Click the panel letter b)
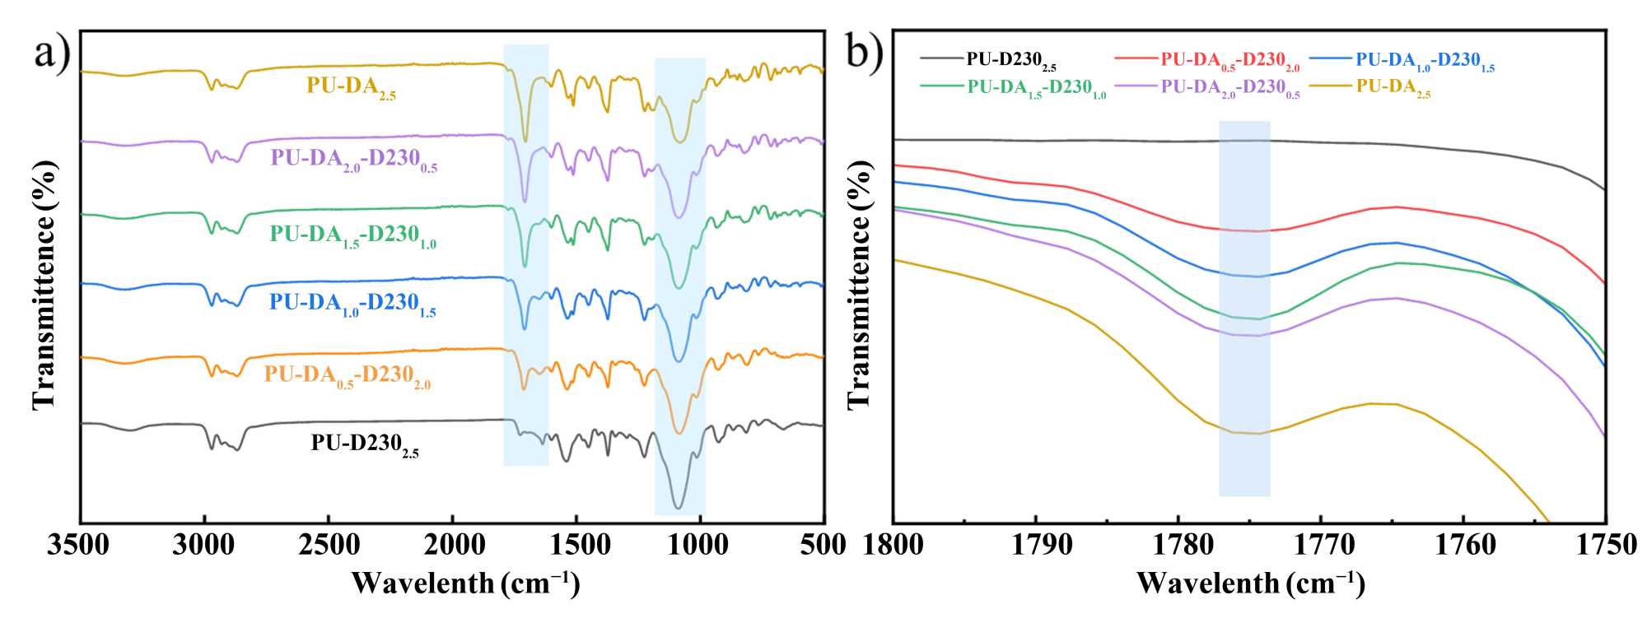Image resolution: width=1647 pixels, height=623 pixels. tap(865, 54)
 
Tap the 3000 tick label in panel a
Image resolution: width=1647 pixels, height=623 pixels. tap(203, 546)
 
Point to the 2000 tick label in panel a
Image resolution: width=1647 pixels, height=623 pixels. tap(452, 546)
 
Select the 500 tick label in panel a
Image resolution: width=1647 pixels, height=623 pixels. tap(823, 546)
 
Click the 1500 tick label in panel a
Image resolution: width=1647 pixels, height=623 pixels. tap(576, 546)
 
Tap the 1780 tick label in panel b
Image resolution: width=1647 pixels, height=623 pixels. tap(1178, 546)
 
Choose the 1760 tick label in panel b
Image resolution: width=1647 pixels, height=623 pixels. tap(1463, 546)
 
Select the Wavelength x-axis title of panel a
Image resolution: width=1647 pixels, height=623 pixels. tap(465, 583)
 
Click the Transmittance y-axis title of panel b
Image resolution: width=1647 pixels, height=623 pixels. tap(859, 284)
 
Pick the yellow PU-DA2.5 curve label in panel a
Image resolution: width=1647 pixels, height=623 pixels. tap(351, 86)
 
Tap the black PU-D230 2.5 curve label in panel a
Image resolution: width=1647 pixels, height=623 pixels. tap(365, 445)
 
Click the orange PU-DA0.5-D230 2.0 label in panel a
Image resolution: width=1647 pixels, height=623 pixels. tap(347, 376)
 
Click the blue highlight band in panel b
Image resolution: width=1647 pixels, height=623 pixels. tap(1244, 309)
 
